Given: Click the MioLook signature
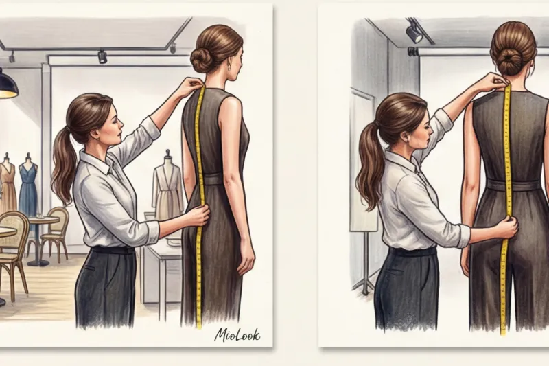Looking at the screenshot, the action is point(237,334).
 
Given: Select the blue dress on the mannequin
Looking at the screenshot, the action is point(28,187).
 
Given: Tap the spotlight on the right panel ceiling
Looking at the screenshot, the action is point(414,32).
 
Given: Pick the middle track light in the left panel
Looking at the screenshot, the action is point(102,57).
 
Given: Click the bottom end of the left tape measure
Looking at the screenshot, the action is point(199,328).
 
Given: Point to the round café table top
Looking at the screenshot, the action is point(45,220).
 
